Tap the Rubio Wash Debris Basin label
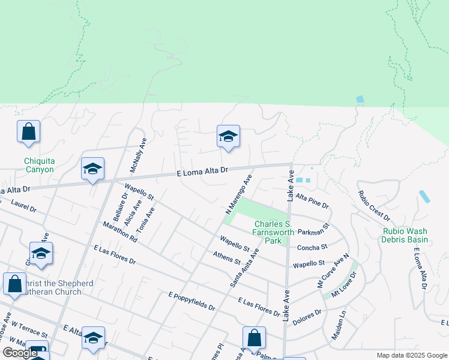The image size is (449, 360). (x=404, y=235)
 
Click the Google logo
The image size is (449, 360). (x=20, y=353)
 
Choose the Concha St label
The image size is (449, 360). (x=312, y=247)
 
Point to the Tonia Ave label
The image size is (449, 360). (x=145, y=220)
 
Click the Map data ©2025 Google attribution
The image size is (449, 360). (x=411, y=355)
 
